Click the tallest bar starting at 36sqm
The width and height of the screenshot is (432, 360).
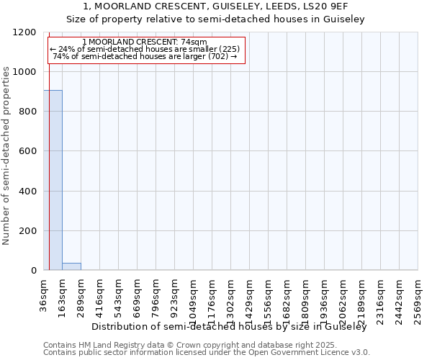point(53,180)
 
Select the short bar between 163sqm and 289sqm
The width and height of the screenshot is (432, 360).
point(71,266)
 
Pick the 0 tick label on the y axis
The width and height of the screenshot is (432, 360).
point(32,271)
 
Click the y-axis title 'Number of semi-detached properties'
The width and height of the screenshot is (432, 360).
point(6,151)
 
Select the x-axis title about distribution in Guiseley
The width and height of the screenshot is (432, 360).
point(230,327)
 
